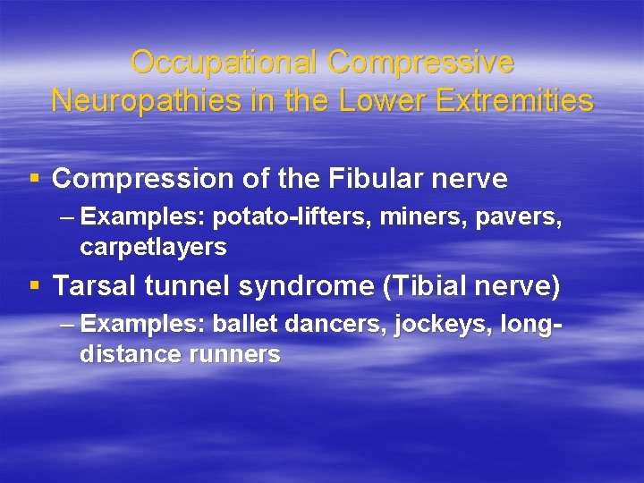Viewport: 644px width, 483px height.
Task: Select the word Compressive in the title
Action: (x=421, y=63)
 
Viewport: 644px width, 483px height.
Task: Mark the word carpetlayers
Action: (x=153, y=246)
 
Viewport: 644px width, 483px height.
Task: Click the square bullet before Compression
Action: (x=34, y=179)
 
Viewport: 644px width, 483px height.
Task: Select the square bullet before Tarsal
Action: (x=34, y=286)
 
